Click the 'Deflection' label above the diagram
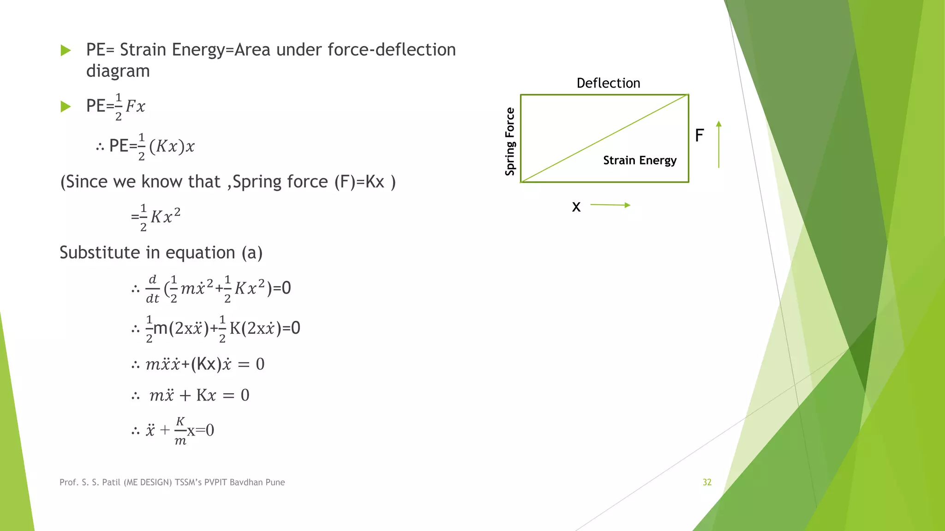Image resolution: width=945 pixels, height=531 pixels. click(x=608, y=83)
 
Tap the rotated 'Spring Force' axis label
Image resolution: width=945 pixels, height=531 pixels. click(x=510, y=142)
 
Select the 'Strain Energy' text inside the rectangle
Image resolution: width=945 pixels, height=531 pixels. click(x=640, y=160)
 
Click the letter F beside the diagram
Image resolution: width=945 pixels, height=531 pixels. click(x=699, y=136)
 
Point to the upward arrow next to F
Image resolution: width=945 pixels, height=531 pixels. click(x=718, y=144)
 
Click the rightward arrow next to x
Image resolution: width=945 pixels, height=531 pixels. click(x=610, y=205)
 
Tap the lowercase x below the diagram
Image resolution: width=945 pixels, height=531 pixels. click(x=576, y=207)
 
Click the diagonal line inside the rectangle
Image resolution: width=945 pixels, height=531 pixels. click(x=604, y=138)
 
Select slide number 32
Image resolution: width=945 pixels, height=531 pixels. click(x=707, y=482)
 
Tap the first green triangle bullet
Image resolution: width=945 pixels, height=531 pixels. click(x=66, y=50)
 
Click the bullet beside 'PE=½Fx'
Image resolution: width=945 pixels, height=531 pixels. click(x=66, y=107)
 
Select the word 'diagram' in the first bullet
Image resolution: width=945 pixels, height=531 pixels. click(x=118, y=71)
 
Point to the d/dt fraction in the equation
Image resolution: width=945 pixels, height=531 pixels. click(x=152, y=289)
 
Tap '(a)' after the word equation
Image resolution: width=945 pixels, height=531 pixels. click(x=252, y=253)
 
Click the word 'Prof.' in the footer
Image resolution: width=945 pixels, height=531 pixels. click(x=69, y=482)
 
